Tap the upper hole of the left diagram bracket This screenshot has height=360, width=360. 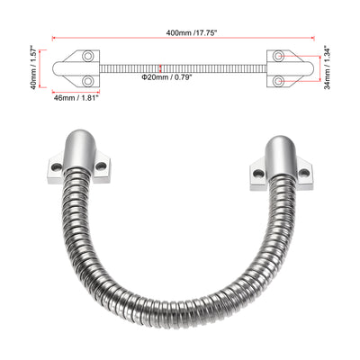88,57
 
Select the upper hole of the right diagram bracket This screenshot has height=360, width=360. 281,57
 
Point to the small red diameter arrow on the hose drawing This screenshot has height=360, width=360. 159,67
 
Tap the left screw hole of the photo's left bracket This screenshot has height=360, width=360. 56,167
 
